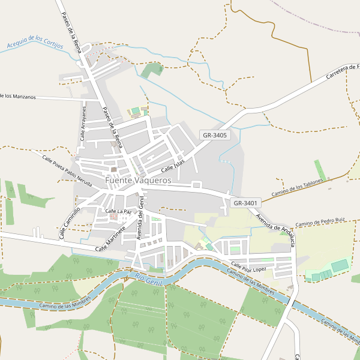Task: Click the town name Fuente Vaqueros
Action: tap(138, 180)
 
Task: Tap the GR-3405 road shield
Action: tap(214, 136)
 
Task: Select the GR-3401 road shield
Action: tap(245, 203)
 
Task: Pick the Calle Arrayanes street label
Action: tap(83, 124)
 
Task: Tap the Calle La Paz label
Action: tap(118, 211)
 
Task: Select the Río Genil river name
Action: tap(148, 278)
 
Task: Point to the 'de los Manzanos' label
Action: tap(18, 96)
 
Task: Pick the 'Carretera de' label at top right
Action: tap(342, 71)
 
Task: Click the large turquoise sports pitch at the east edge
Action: tap(340, 265)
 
